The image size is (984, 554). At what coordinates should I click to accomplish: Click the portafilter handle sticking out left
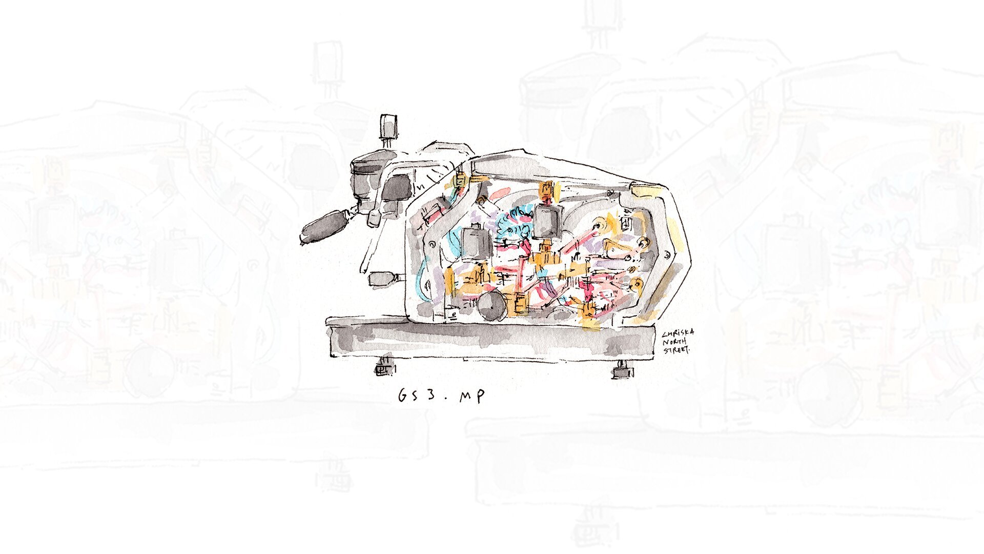tap(324, 225)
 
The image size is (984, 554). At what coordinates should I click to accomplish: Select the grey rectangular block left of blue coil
tap(476, 243)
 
